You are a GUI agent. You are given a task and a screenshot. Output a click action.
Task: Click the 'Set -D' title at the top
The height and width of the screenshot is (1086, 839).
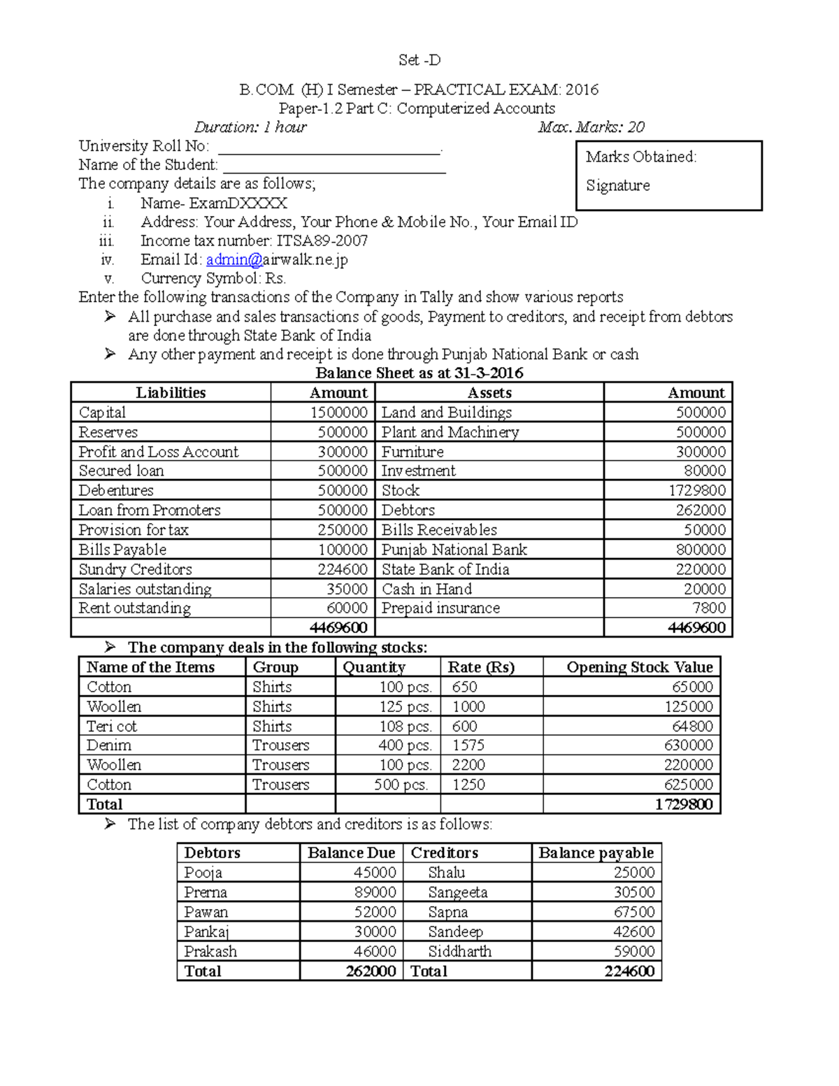pyautogui.click(x=419, y=60)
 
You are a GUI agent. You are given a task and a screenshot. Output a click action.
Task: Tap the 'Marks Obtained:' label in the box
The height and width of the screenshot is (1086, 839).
pyautogui.click(x=641, y=157)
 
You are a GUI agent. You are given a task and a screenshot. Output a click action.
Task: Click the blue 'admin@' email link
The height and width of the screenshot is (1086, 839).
pyautogui.click(x=234, y=259)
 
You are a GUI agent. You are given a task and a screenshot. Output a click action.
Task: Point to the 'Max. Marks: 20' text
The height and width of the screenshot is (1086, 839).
pyautogui.click(x=591, y=127)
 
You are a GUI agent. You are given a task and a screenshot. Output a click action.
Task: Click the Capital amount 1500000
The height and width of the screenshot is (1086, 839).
pyautogui.click(x=339, y=413)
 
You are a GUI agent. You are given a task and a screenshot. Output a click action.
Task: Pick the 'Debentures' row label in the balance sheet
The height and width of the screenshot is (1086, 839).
pyautogui.click(x=116, y=491)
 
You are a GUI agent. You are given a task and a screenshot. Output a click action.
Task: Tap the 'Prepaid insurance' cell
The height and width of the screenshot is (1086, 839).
pyautogui.click(x=440, y=608)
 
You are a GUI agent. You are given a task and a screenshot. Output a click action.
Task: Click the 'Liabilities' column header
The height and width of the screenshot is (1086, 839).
pyautogui.click(x=171, y=393)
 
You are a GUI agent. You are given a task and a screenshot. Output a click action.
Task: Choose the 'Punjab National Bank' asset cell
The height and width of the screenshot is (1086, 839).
pyautogui.click(x=454, y=550)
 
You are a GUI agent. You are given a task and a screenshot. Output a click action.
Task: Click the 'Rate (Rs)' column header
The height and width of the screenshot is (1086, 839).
pyautogui.click(x=481, y=667)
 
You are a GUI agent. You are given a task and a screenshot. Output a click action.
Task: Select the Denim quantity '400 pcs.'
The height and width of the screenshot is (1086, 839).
pyautogui.click(x=406, y=745)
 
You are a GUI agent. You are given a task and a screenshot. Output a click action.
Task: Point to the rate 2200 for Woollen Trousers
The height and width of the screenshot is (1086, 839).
pyautogui.click(x=468, y=765)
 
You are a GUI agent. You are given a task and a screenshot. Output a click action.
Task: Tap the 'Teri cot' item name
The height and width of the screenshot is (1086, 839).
pyautogui.click(x=112, y=726)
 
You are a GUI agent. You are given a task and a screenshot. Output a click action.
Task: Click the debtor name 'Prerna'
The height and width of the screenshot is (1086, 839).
pyautogui.click(x=206, y=892)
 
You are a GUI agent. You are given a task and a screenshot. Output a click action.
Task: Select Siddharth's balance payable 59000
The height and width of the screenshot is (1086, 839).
pyautogui.click(x=634, y=951)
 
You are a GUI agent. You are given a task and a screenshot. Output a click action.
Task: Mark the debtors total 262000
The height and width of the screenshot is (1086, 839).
pyautogui.click(x=371, y=971)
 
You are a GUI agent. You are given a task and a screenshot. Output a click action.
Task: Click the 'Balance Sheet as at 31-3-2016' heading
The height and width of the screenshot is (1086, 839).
pyautogui.click(x=419, y=373)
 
